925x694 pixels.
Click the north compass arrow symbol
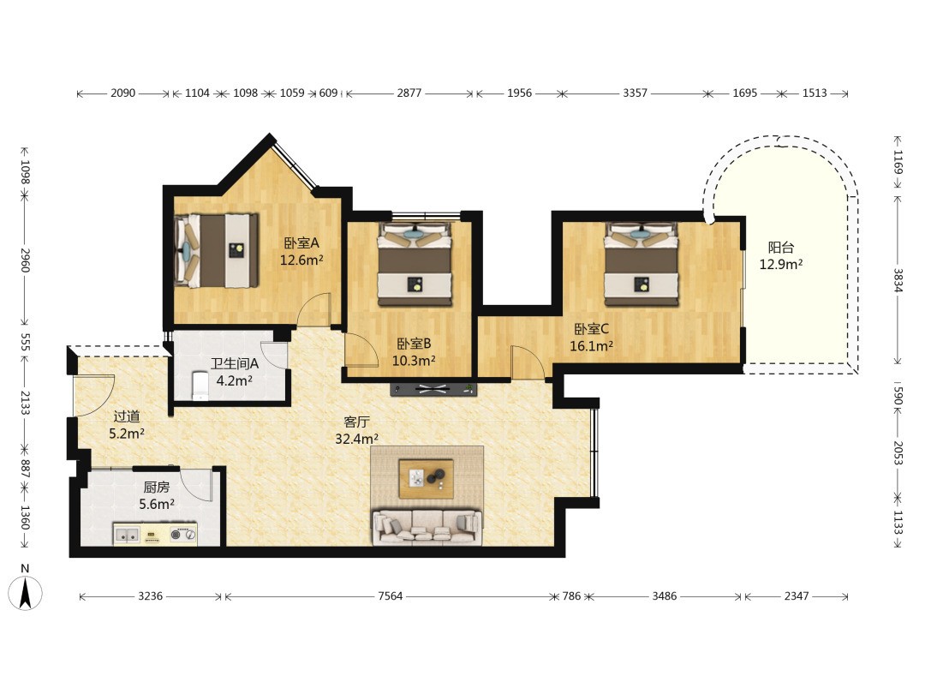pos(25,592)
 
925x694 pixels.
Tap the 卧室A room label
pos(301,242)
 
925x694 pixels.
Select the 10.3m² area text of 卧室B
pos(415,360)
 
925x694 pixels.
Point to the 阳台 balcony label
pos(780,248)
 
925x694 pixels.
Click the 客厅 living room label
pos(356,422)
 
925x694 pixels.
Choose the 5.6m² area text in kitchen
pos(157,504)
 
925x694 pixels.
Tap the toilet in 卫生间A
pos(200,386)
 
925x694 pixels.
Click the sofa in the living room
pos(427,526)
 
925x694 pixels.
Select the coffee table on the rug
pos(427,479)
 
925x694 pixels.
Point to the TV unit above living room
pos(433,389)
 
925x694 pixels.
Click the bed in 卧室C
pos(642,264)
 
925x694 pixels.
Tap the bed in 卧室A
pos(217,251)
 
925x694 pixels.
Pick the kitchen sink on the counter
pos(127,535)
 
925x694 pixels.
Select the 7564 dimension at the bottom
pos(390,596)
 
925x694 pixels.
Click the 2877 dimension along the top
pos(409,93)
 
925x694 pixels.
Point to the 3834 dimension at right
pos(898,280)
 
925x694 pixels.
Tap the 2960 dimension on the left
pos(25,260)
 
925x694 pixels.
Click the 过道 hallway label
pos(126,416)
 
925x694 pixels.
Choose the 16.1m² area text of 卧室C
pos(591,346)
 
